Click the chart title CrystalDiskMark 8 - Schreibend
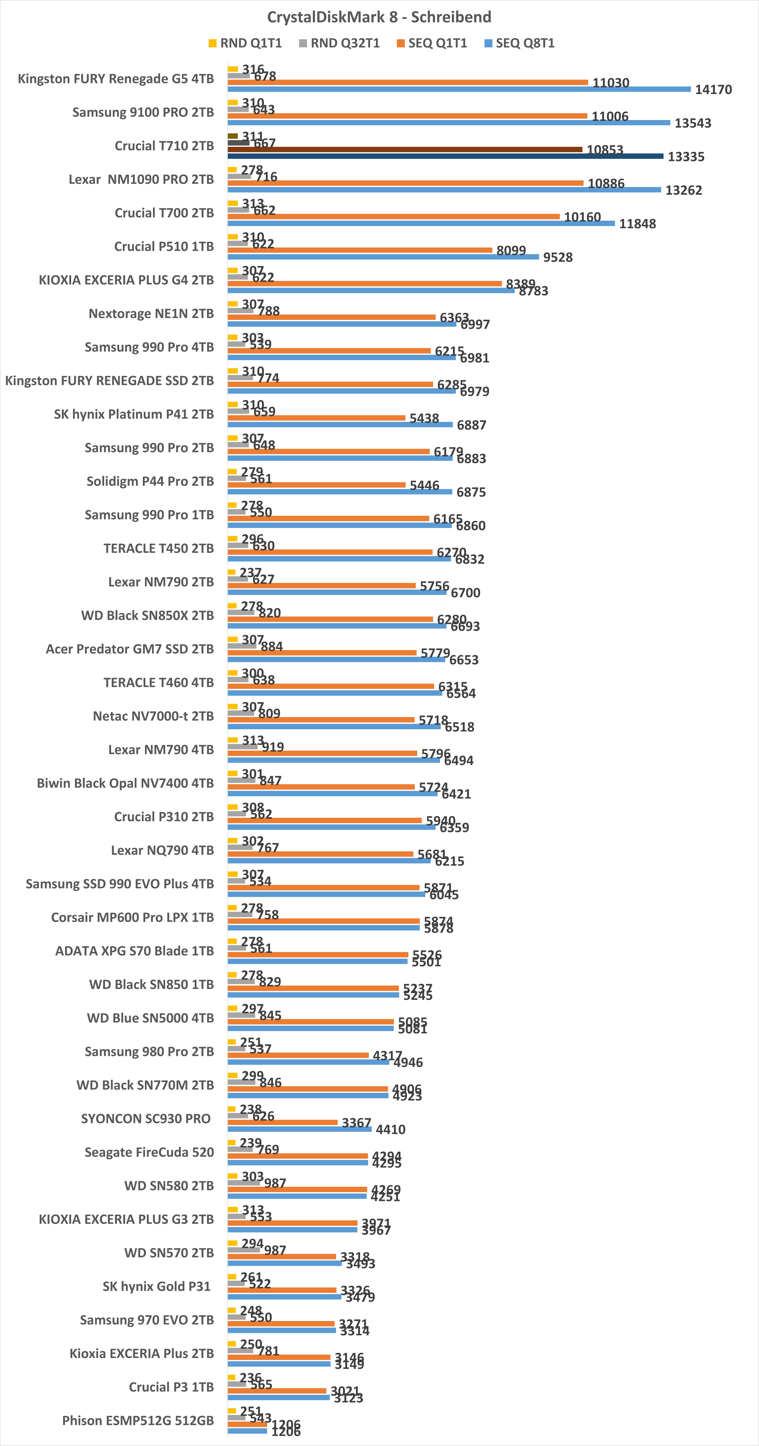pyautogui.click(x=379, y=17)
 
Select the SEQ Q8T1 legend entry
pyautogui.click(x=519, y=43)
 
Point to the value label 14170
pyautogui.click(x=713, y=90)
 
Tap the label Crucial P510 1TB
pyautogui.click(x=164, y=246)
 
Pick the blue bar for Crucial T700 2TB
pyautogui.click(x=421, y=223)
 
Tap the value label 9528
pyautogui.click(x=557, y=257)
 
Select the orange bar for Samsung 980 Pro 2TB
pyautogui.click(x=298, y=1055)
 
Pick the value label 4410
pyautogui.click(x=390, y=1129)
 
